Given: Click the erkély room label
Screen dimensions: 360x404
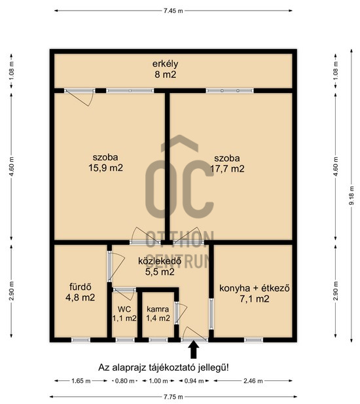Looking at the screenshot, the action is tap(165, 64).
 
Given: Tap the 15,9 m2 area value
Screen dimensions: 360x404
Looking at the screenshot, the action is tap(105, 168).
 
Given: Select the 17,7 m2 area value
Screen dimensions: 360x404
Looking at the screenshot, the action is tap(227, 169).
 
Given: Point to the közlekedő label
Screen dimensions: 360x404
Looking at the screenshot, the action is tap(160, 261).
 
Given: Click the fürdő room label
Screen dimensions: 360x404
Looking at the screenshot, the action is tap(81, 287).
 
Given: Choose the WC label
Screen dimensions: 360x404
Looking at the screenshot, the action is tap(124, 309).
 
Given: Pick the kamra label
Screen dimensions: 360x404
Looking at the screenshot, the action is tap(158, 309).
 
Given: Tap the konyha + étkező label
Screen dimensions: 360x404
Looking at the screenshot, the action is tap(255, 288).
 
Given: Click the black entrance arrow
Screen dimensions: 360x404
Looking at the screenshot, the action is tap(193, 350).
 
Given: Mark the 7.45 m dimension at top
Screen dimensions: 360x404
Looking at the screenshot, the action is tap(173, 11).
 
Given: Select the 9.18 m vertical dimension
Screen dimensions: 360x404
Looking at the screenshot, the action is tap(351, 196).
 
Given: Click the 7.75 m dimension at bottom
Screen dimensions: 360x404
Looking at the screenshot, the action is tap(173, 397).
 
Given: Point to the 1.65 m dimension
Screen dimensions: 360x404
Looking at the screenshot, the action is tap(81, 381).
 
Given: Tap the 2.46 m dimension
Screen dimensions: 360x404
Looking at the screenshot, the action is tap(253, 381).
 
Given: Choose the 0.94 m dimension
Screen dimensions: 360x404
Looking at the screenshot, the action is tap(194, 381).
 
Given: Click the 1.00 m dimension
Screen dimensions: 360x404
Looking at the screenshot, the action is tap(158, 381).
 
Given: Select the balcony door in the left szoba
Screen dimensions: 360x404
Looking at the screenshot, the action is tap(80, 97).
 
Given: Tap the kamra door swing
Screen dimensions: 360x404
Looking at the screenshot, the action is tap(181, 313).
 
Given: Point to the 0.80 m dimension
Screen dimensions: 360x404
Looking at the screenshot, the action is tap(124, 381).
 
